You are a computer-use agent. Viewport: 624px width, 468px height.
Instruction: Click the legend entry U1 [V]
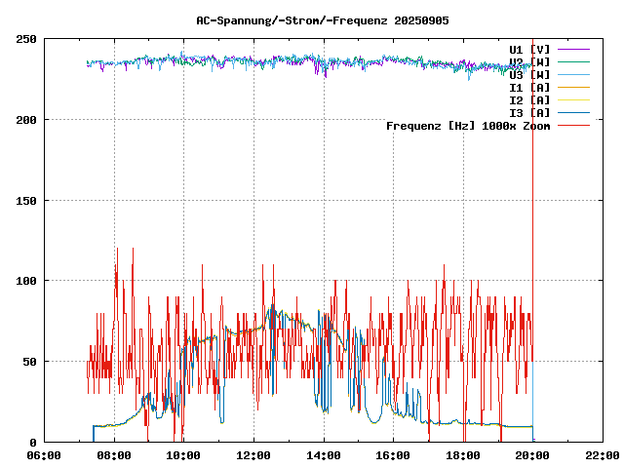529,49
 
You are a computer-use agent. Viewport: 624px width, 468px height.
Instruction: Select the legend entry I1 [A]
529,87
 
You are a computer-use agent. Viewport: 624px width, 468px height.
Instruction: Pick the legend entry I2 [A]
529,99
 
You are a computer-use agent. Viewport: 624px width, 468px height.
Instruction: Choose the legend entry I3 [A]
529,112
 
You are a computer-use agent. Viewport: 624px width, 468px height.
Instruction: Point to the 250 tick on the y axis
26,39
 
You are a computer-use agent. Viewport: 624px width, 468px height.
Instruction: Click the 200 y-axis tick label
26,120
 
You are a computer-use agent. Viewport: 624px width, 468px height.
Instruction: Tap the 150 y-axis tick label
26,201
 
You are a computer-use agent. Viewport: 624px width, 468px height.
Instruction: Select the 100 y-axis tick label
26,281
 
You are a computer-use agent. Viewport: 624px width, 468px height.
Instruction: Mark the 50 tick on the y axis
29,362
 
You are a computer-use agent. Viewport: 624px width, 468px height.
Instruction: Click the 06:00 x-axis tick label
45,455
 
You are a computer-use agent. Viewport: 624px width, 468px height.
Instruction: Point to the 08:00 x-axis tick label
114,455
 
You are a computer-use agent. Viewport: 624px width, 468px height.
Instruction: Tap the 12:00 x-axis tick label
253,455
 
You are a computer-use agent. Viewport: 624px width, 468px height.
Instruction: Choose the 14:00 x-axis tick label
324,455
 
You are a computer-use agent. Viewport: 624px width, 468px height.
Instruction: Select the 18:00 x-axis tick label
463,455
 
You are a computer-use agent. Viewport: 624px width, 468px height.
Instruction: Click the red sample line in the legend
575,125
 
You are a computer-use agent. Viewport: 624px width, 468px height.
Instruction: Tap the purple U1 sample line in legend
575,49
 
